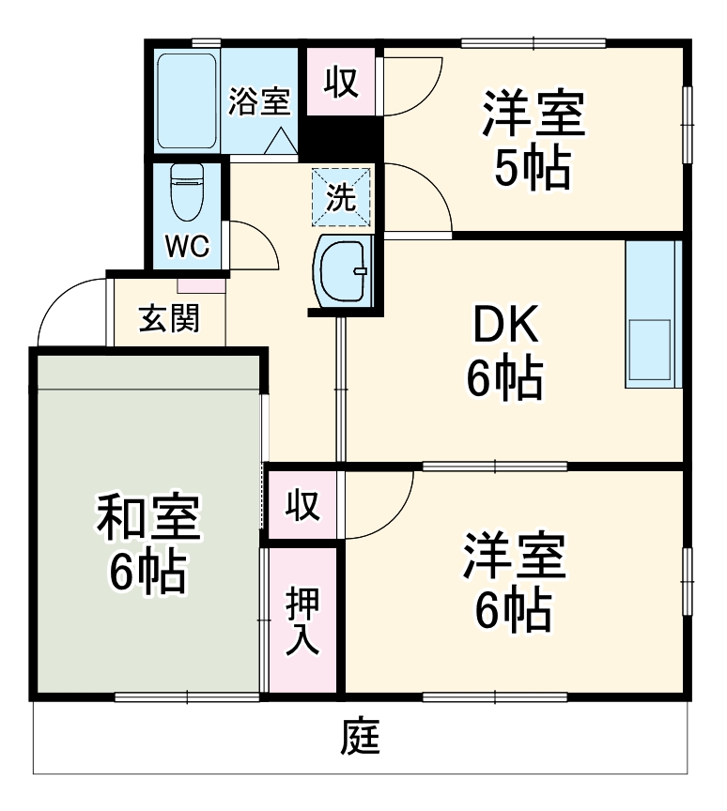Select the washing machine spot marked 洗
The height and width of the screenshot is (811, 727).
coord(341,198)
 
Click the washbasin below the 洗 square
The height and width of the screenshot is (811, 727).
coord(344,270)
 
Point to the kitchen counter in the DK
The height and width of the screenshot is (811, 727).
coord(651,314)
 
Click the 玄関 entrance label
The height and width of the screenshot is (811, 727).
coord(169,319)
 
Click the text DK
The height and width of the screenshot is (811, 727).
coord(504,326)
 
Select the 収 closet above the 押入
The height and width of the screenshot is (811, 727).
coord(302,506)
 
